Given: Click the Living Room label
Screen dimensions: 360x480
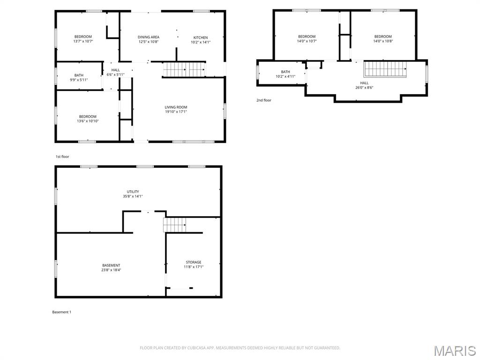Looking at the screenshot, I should pos(176,107).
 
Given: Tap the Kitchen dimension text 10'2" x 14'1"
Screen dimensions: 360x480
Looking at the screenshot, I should pos(201,42).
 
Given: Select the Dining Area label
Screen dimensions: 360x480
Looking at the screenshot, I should pos(148,37).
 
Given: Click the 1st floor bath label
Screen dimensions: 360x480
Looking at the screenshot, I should pos(79,75).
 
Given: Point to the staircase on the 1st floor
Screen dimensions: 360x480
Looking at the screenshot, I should pos(184,69).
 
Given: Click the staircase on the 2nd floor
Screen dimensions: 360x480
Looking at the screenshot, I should pos(385,69).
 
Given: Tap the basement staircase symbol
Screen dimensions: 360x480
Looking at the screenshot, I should pos(175,225).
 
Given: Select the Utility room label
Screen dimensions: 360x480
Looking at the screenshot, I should pos(133,192).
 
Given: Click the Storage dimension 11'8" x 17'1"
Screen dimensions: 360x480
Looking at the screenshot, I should pos(194,267).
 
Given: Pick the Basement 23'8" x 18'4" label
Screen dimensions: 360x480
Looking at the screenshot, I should pos(111,268).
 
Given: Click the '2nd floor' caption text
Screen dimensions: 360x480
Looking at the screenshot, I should pos(263,100).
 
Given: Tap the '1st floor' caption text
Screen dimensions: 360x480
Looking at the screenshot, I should pos(62,157).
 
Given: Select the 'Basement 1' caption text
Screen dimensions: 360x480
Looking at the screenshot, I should pos(61,312).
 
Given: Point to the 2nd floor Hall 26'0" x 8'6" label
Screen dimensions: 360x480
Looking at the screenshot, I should pos(364,85).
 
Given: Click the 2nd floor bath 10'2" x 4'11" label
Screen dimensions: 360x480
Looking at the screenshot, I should pos(285,74).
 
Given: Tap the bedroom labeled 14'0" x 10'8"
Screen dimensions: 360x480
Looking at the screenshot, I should pos(383,39).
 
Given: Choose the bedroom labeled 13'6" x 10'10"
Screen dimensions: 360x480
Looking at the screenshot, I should pos(88,119).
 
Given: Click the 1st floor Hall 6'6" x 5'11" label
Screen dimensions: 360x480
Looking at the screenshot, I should pos(115,72).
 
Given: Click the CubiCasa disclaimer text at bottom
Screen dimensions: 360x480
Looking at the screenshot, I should pos(240,348).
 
